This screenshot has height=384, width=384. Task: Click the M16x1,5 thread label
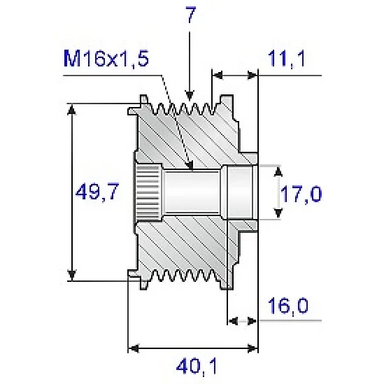click(106, 59)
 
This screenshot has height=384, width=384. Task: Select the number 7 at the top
click(190, 15)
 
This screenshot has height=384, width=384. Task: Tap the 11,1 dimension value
click(287, 59)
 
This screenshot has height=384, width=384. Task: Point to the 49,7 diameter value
click(97, 192)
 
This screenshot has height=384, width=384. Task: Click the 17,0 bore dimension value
click(301, 194)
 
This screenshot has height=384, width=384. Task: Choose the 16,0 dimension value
click(287, 306)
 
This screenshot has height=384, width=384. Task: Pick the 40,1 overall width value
click(197, 367)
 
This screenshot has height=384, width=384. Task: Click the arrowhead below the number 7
click(190, 96)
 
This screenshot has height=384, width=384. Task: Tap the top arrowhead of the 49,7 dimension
click(71, 110)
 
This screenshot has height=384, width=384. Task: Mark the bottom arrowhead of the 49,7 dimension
click(71, 275)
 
